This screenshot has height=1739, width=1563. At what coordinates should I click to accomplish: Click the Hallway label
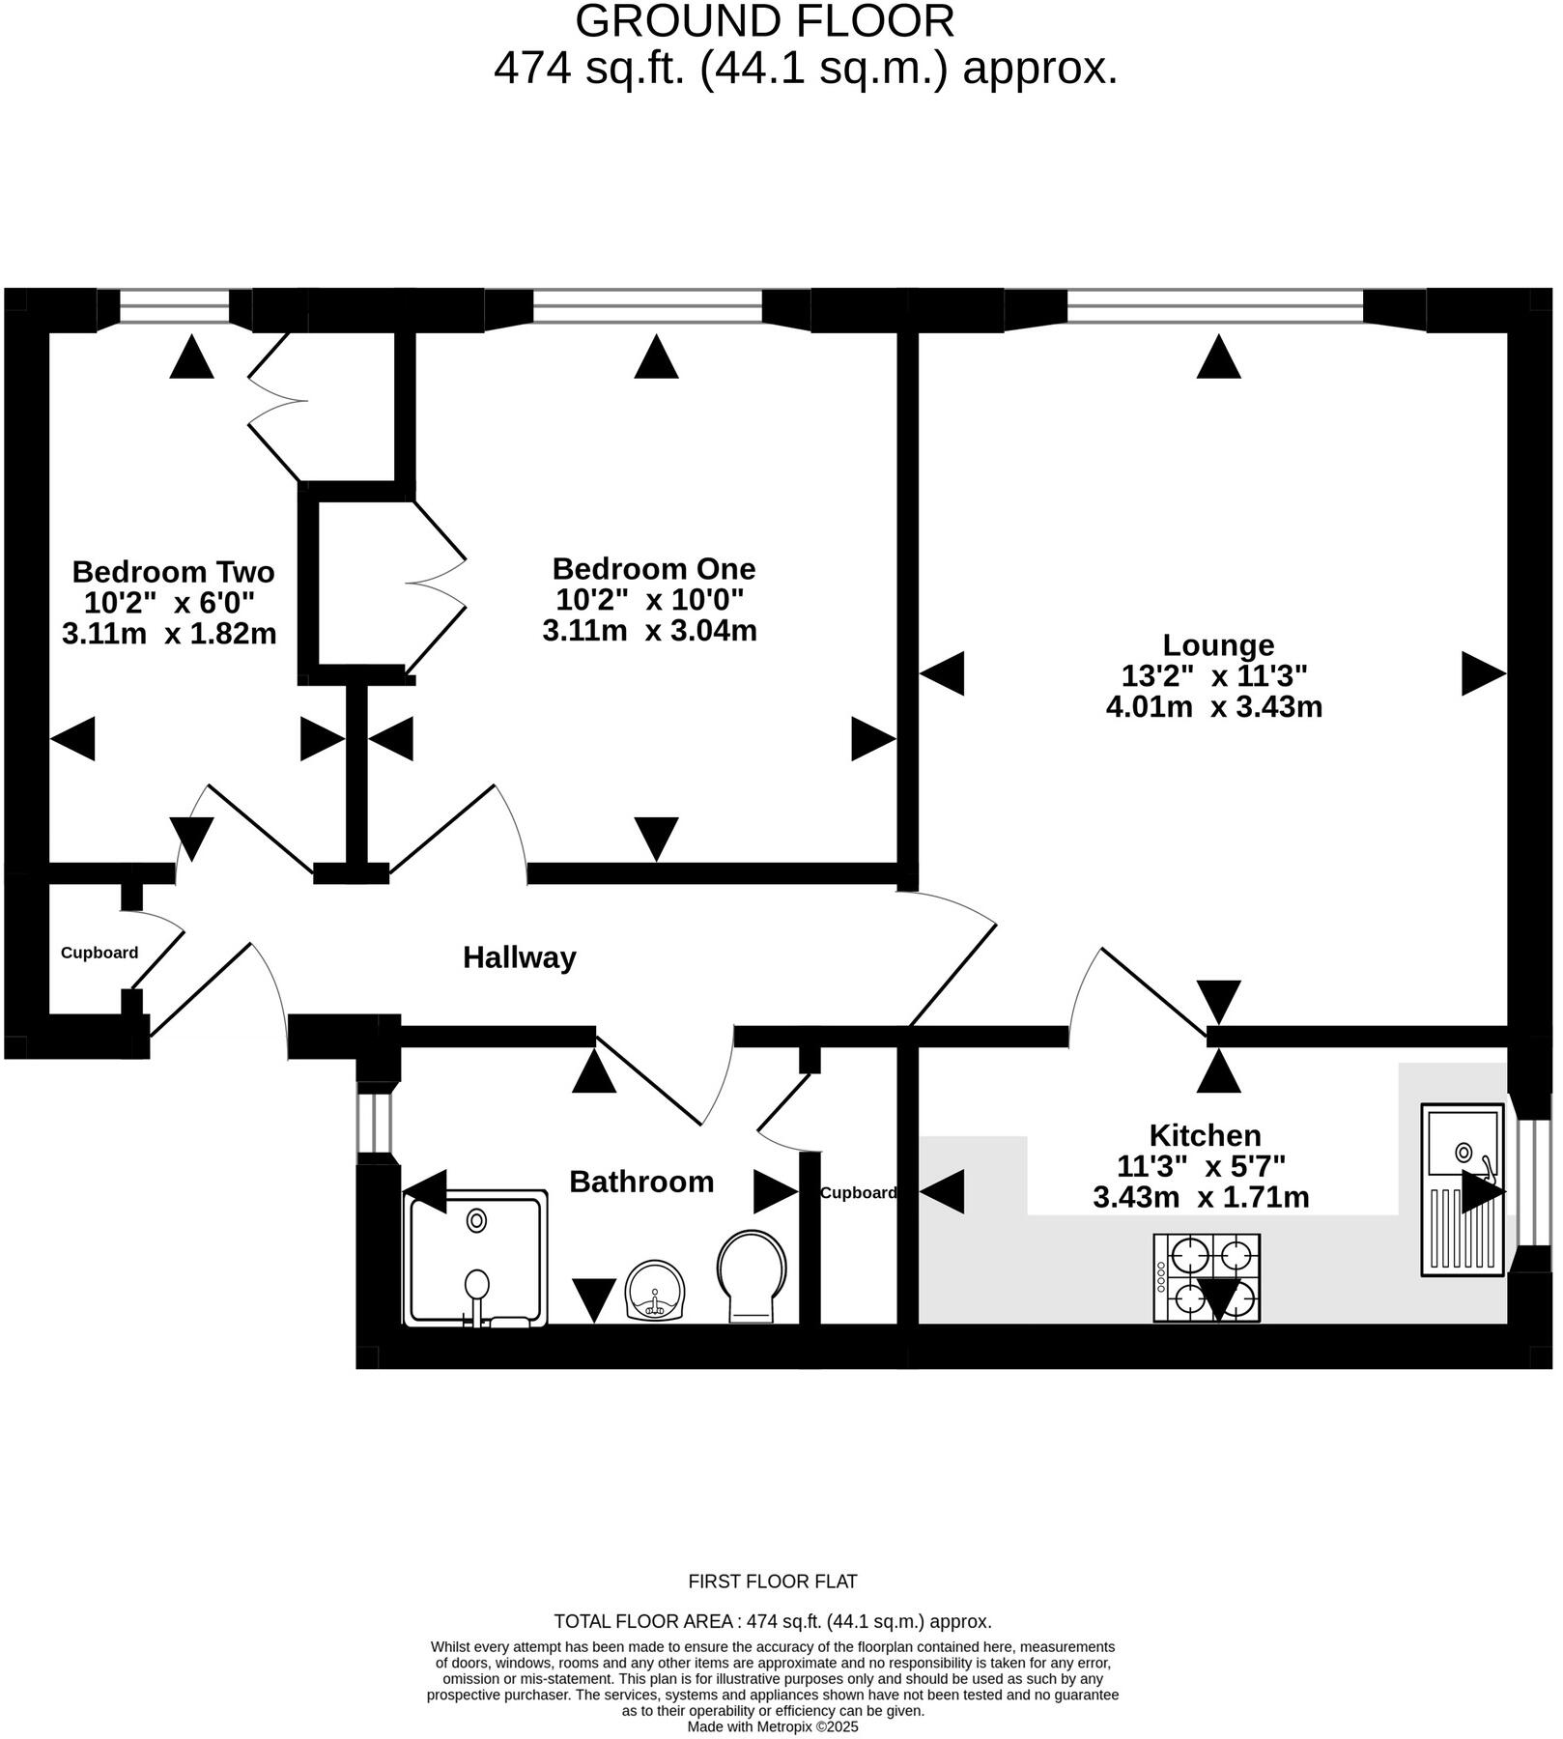tap(520, 957)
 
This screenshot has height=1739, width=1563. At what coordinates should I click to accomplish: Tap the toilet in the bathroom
tap(752, 1276)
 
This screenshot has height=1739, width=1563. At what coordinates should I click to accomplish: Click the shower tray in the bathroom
tap(476, 1260)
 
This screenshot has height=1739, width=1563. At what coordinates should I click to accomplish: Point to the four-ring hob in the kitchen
tap(1207, 1277)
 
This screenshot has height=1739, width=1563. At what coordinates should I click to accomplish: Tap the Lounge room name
tap(1218, 644)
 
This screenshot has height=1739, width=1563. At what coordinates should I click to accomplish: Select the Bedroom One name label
tap(654, 568)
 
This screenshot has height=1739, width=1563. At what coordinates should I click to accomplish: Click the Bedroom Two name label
tap(174, 572)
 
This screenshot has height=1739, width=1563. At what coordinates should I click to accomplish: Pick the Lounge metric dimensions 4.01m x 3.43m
tap(1214, 706)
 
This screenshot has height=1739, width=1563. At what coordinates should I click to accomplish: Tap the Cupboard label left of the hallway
tap(99, 953)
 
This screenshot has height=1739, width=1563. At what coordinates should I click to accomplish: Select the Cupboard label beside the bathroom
tap(858, 1192)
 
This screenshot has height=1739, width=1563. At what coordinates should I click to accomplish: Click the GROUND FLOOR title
tap(765, 21)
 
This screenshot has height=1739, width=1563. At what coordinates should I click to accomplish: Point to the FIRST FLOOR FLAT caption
tap(773, 1582)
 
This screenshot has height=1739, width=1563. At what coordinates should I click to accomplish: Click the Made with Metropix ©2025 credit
tap(773, 1726)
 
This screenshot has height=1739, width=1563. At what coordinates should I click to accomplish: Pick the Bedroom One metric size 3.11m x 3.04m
tap(650, 631)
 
